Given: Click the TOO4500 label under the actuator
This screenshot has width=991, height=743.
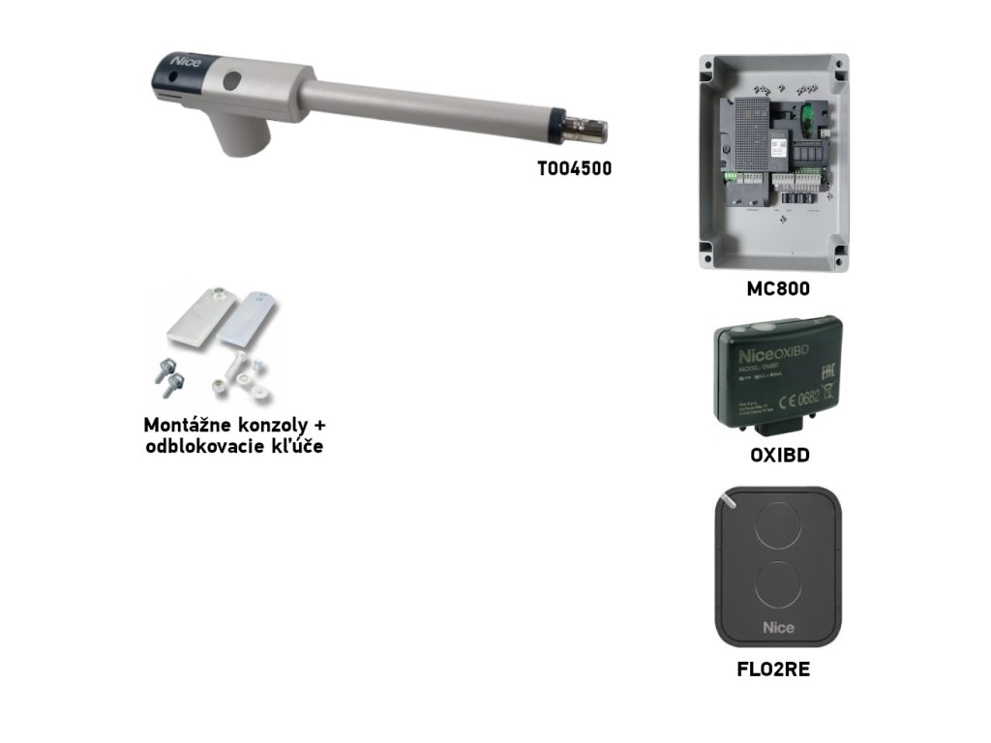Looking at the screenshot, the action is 575,168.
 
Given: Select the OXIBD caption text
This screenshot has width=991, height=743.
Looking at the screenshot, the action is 779,456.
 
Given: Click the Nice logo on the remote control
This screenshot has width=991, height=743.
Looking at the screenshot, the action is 778,627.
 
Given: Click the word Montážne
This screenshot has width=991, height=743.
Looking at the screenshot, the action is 188,426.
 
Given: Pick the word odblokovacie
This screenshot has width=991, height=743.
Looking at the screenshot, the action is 204,448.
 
